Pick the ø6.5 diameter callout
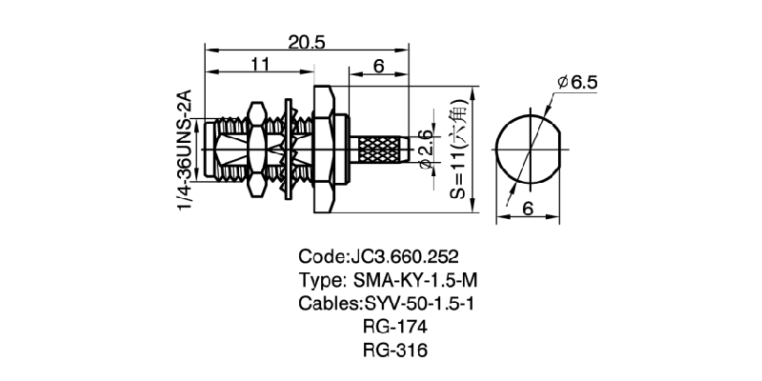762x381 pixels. (x=577, y=83)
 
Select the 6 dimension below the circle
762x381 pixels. (x=529, y=209)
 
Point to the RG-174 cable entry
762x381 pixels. (x=394, y=327)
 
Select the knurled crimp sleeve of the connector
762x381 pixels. (x=381, y=150)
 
